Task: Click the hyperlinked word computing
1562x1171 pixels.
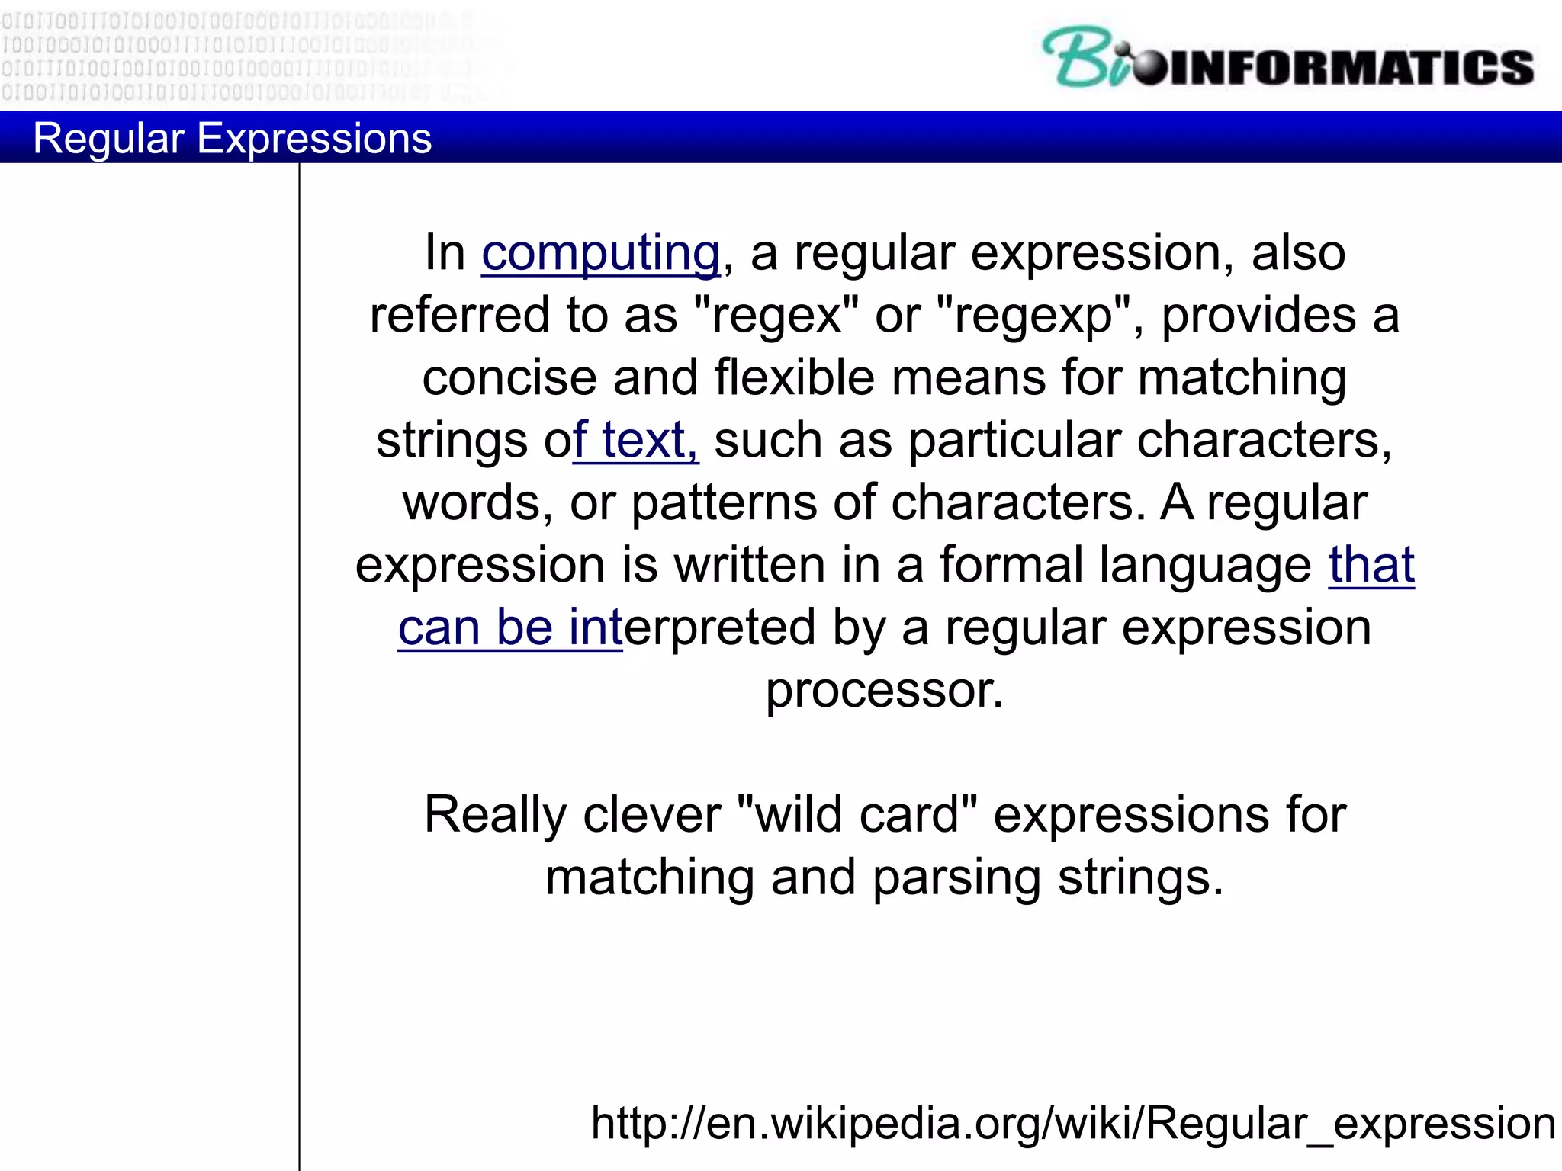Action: coord(600,253)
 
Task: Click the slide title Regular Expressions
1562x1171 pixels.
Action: coord(232,139)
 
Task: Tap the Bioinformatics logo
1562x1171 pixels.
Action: coord(1287,59)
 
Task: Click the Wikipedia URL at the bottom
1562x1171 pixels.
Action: coord(1072,1123)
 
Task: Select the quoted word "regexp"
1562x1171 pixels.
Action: coord(1033,316)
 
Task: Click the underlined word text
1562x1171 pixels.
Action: coord(648,441)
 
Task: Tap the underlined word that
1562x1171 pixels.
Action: coord(1371,566)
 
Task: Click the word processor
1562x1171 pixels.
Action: coord(885,691)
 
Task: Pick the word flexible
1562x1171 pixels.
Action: coord(794,378)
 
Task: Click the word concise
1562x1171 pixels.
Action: coord(509,378)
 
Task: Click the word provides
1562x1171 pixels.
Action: coord(1258,316)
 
